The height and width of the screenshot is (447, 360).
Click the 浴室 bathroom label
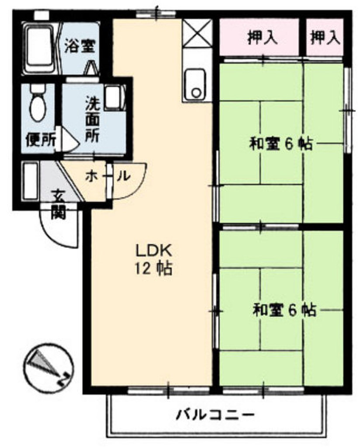pyautogui.click(x=80, y=46)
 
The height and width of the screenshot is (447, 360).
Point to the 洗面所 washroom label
pyautogui.click(x=93, y=120)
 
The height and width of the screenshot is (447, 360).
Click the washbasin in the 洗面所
pyautogui.click(x=114, y=98)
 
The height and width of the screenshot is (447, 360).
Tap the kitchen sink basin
pyautogui.click(x=195, y=84)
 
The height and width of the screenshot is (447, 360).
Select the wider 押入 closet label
pyautogui.click(x=262, y=38)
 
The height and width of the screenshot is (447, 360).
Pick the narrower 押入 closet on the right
pyautogui.click(x=325, y=37)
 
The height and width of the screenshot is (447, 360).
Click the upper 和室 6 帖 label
pyautogui.click(x=281, y=144)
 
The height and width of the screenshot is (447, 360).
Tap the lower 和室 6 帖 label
pyautogui.click(x=285, y=310)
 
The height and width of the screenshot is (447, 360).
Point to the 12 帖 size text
pyautogui.click(x=153, y=268)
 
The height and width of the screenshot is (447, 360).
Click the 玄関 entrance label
pyautogui.click(x=59, y=204)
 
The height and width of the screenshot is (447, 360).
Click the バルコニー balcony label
pyautogui.click(x=215, y=414)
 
